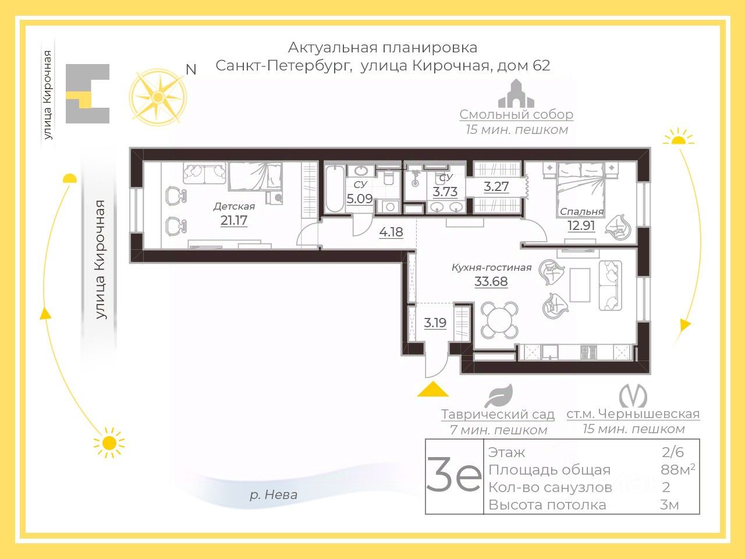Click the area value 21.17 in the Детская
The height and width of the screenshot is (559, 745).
pyautogui.click(x=234, y=221)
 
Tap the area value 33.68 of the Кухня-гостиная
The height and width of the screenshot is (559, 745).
pyautogui.click(x=491, y=281)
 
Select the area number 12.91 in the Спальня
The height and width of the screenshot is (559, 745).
pyautogui.click(x=581, y=225)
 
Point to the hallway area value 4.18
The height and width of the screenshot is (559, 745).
pyautogui.click(x=391, y=232)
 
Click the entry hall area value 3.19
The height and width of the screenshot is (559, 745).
pyautogui.click(x=435, y=323)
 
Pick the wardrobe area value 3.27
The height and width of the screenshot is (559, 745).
pyautogui.click(x=496, y=187)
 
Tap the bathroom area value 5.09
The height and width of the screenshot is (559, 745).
pyautogui.click(x=360, y=199)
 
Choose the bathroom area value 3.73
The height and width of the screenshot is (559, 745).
pyautogui.click(x=445, y=192)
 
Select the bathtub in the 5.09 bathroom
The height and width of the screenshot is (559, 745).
pyautogui.click(x=335, y=189)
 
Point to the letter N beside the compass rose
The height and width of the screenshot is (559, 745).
pyautogui.click(x=191, y=69)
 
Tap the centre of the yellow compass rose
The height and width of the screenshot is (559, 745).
pyautogui.click(x=158, y=98)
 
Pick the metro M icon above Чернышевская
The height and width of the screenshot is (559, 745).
pyautogui.click(x=633, y=396)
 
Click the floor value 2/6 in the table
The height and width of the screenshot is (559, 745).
pyautogui.click(x=672, y=452)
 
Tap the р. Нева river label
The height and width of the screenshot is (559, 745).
pyautogui.click(x=274, y=495)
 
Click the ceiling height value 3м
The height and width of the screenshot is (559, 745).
pyautogui.click(x=669, y=505)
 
